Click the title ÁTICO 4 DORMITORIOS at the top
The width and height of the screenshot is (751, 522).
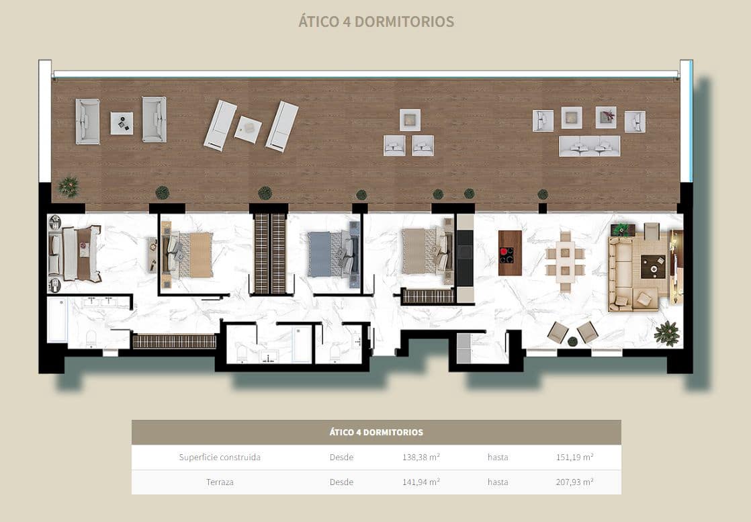[376, 21]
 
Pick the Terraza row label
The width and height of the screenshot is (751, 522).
[220, 482]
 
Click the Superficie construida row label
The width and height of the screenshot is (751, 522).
[220, 457]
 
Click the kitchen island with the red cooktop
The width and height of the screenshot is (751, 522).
[510, 253]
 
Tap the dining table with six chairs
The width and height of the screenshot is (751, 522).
[565, 261]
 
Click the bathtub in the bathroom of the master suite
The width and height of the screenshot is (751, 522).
[57, 320]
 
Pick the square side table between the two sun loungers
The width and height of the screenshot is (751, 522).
[248, 129]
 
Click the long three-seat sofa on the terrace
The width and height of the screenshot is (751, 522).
[590, 146]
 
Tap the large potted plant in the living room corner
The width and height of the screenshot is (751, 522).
[666, 332]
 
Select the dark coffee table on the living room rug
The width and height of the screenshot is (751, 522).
[650, 267]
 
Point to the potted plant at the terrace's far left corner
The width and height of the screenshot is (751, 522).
[69, 186]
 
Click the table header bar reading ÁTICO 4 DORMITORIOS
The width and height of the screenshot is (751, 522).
[376, 432]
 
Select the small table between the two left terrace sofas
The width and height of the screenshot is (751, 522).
[122, 123]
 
